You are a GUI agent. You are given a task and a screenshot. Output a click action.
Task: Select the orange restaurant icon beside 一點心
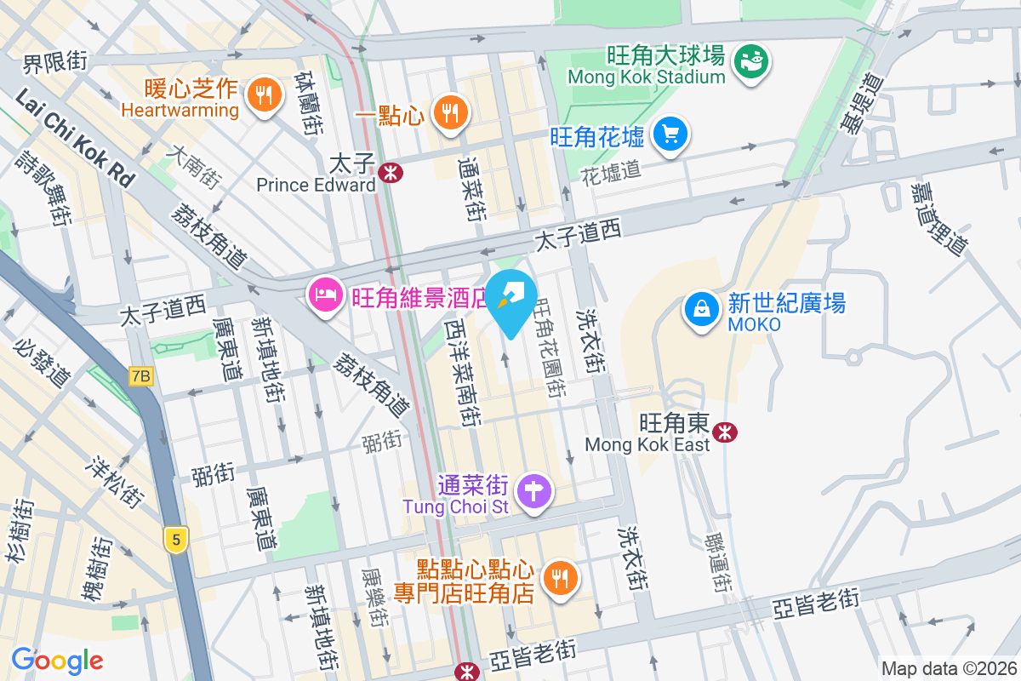[447, 112]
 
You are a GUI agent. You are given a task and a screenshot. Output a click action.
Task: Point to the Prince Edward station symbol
[391, 173]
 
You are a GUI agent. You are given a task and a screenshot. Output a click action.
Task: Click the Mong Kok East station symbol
[726, 432]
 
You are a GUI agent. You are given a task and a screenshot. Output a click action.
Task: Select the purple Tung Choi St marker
[534, 491]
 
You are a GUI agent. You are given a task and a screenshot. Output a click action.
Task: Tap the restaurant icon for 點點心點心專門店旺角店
[559, 579]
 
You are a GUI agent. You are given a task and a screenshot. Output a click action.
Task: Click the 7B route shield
[141, 375]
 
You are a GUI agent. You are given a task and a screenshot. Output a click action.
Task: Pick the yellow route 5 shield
[176, 540]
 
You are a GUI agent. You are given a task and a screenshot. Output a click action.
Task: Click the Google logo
[57, 661]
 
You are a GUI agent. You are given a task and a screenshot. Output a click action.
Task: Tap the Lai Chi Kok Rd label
[75, 139]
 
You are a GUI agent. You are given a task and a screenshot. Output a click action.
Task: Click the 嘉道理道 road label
[939, 218]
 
